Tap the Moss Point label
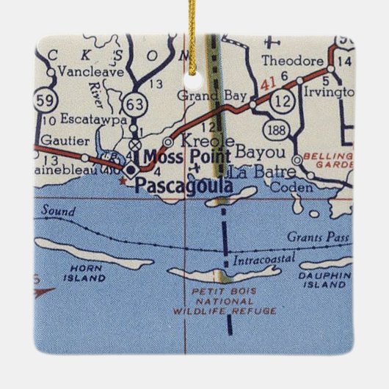tap(186, 156)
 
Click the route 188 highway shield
tap(277, 131)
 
